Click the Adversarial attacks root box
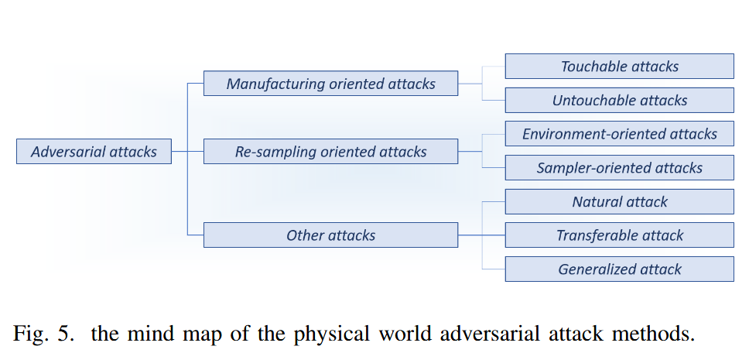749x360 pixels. tap(94, 152)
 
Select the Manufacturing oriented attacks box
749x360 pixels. tap(330, 84)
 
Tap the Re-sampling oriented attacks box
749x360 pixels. tap(330, 152)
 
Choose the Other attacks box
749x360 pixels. tap(330, 235)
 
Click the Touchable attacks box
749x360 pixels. tap(619, 67)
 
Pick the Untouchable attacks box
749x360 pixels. tap(619, 101)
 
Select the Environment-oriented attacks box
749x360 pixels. tap(619, 134)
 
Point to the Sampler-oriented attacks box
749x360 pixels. tap(619, 168)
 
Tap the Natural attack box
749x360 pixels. tap(619, 202)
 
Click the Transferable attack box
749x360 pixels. tap(619, 235)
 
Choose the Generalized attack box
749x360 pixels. tap(619, 269)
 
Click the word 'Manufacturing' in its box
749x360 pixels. tap(275, 84)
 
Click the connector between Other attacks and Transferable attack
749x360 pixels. tap(481, 235)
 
